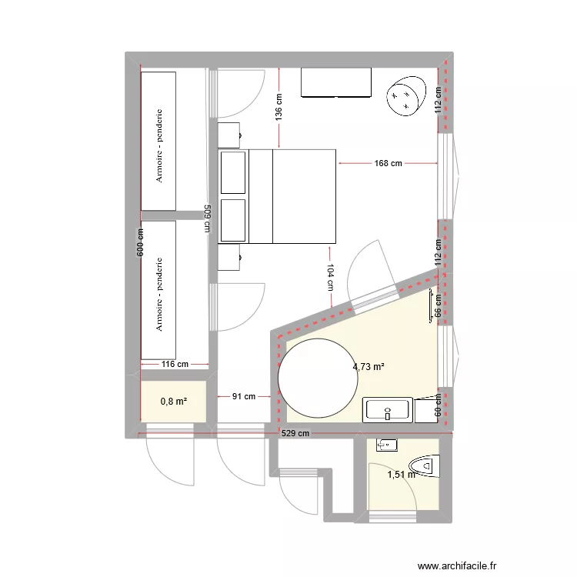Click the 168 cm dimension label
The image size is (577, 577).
point(389,163)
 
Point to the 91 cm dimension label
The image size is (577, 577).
point(244,397)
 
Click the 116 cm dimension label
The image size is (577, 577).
point(175,364)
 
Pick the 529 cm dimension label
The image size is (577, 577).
point(295,434)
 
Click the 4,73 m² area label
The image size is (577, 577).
point(369,367)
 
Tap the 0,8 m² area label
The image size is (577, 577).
point(174,401)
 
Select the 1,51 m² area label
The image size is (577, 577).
point(401,475)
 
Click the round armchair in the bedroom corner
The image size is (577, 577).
point(405,95)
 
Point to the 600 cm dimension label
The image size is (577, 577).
point(140,245)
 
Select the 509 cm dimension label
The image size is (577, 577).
point(208,218)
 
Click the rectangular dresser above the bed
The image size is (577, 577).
point(336,83)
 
